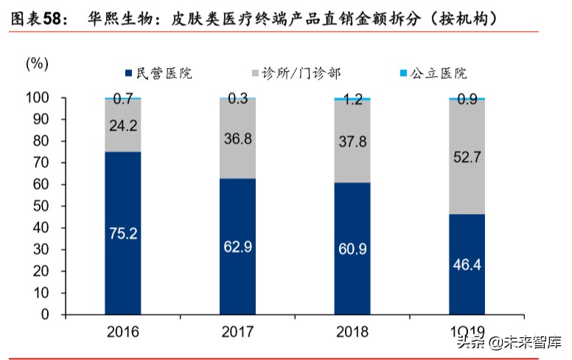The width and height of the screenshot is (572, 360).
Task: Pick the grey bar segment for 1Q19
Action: point(467,177)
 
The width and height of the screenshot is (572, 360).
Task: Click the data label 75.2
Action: point(122,234)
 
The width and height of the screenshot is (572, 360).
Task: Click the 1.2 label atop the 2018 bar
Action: point(352,100)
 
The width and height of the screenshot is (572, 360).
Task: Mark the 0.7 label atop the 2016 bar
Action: point(122,99)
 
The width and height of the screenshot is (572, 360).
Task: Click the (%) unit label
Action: point(37,63)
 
